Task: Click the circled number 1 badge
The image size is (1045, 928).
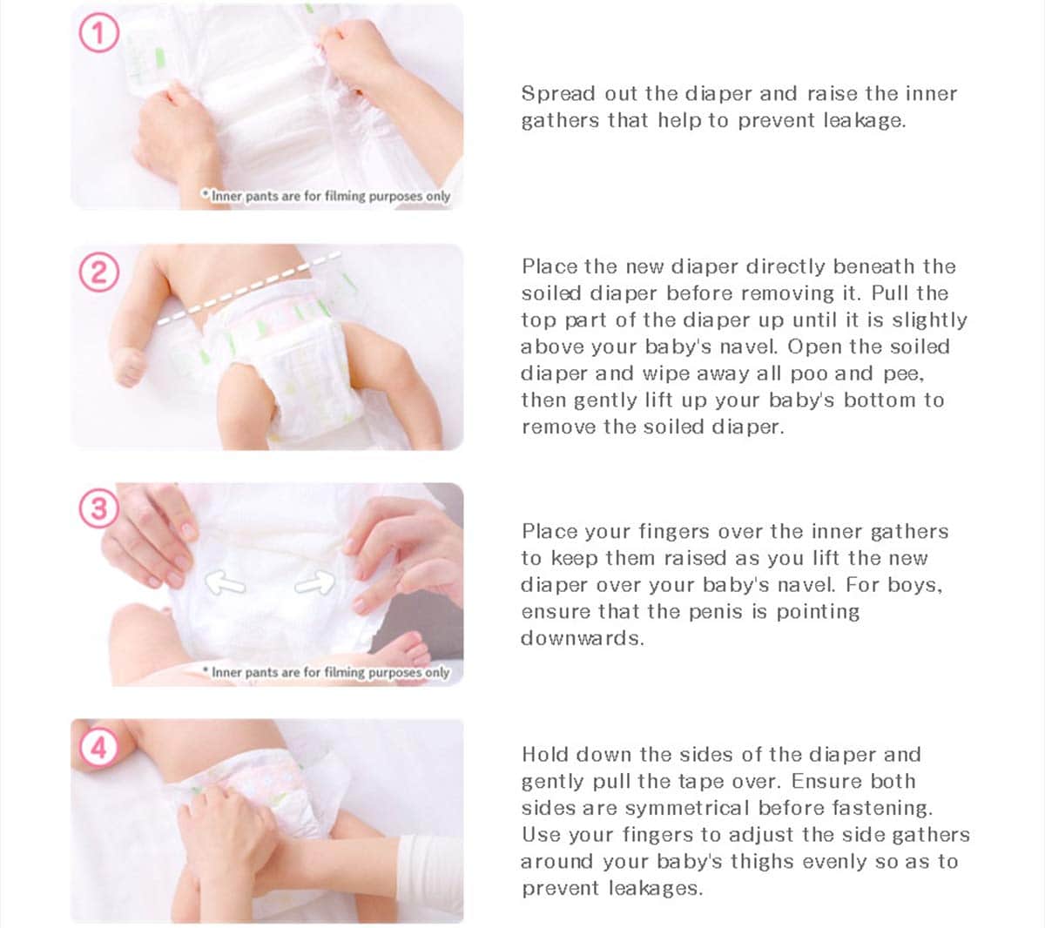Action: [x=99, y=32]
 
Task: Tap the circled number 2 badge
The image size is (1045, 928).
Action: [x=99, y=272]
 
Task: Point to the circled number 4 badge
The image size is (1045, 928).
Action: [x=99, y=747]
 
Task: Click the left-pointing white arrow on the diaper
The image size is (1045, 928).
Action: [x=225, y=583]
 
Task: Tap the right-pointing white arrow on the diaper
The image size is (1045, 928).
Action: [x=315, y=582]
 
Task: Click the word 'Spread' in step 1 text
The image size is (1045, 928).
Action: [x=558, y=94]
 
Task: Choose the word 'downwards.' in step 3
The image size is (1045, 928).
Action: [x=583, y=638]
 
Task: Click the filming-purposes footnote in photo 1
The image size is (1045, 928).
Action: [x=326, y=196]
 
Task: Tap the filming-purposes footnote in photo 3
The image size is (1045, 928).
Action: [x=326, y=672]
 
